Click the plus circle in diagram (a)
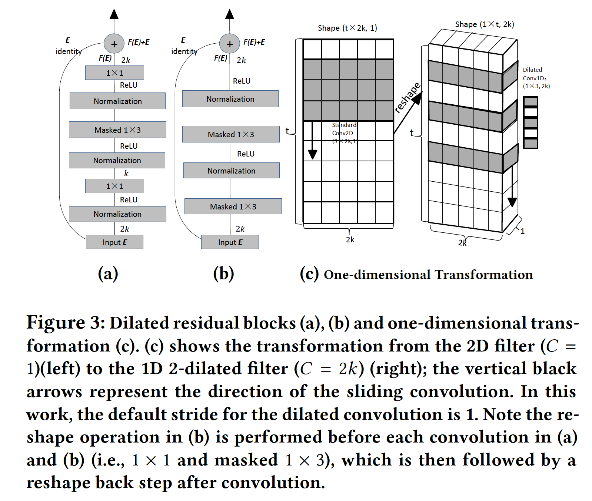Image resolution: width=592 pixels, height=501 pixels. click(114, 44)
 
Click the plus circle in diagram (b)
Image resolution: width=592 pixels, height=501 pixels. click(230, 44)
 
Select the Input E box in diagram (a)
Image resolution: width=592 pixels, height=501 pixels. click(114, 242)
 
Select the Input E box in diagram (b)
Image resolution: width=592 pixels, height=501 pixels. click(230, 242)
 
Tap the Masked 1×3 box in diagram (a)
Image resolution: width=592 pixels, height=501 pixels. click(117, 130)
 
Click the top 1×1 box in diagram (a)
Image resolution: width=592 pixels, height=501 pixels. click(114, 73)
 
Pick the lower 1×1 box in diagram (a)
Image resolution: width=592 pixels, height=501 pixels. click(114, 186)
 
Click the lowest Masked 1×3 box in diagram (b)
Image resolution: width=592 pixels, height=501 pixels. click(233, 206)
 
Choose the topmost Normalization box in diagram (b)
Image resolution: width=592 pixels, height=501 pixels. click(230, 99)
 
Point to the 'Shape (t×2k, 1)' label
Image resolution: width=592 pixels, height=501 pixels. click(347, 28)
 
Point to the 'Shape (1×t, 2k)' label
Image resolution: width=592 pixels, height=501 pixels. click(484, 24)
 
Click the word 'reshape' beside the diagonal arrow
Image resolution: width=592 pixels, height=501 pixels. click(407, 97)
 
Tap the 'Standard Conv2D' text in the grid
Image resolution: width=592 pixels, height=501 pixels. click(344, 129)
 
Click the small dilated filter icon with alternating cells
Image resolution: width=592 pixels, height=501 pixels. click(530, 122)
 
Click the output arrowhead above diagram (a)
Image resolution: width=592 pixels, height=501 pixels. click(114, 14)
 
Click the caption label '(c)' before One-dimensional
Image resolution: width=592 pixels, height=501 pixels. click(309, 274)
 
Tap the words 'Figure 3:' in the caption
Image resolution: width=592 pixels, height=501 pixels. click(66, 323)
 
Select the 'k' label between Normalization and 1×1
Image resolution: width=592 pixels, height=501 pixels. click(126, 173)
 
